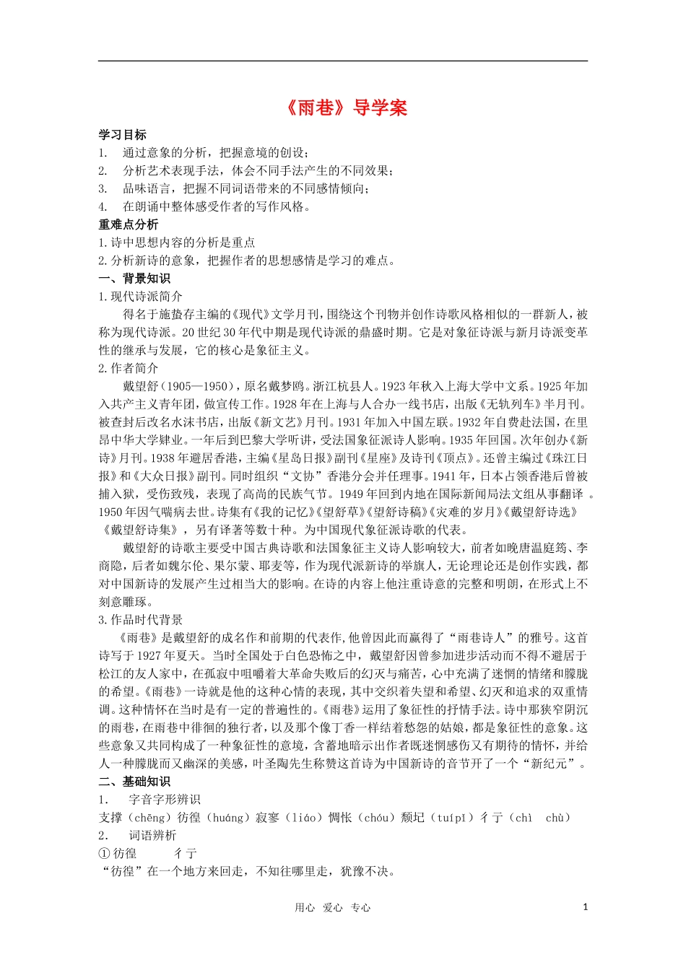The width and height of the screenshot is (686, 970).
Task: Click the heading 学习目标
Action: click(123, 135)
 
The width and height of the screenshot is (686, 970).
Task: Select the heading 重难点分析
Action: click(129, 224)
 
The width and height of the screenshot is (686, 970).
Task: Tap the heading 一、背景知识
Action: click(134, 279)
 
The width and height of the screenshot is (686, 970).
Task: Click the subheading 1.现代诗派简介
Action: click(141, 297)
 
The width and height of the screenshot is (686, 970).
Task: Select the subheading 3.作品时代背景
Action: click(141, 620)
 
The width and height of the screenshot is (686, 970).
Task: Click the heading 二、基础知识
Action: click(134, 782)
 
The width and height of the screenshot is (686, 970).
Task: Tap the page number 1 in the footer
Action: click(585, 907)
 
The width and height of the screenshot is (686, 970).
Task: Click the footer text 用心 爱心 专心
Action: click(332, 908)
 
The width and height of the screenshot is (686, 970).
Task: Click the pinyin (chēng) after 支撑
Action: click(150, 818)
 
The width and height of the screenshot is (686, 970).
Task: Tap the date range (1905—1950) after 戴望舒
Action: click(196, 386)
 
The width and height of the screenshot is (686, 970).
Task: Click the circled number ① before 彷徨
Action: click(105, 854)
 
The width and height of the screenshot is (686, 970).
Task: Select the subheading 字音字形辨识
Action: click(165, 800)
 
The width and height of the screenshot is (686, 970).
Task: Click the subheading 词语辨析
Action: click(152, 836)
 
